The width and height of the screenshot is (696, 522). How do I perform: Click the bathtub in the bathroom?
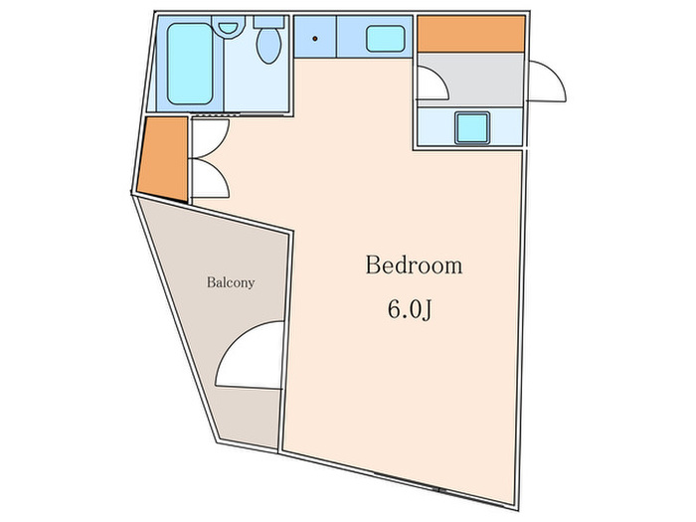[x=190, y=64]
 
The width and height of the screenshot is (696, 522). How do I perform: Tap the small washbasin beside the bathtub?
[x=228, y=26]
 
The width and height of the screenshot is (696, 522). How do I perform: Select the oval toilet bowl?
[x=268, y=46]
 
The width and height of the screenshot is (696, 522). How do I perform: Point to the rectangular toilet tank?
[x=268, y=22]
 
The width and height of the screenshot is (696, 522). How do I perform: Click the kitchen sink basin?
[x=386, y=39]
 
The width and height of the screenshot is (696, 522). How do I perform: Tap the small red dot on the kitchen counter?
[x=315, y=39]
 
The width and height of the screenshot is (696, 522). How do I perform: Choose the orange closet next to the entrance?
[x=471, y=34]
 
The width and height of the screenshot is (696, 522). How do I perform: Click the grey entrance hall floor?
[x=470, y=80]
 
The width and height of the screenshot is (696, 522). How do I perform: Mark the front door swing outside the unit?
[x=547, y=82]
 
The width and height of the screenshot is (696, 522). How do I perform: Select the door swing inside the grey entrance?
[x=434, y=84]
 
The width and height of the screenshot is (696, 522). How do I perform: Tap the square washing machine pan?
[x=472, y=128]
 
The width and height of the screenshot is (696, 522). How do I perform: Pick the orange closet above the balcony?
[x=163, y=159]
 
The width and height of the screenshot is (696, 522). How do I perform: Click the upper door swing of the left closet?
[x=211, y=137]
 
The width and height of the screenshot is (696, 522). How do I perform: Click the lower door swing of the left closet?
[x=211, y=178]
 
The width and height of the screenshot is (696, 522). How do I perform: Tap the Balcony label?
[x=231, y=282]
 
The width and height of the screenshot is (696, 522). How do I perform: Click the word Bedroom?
[x=414, y=265]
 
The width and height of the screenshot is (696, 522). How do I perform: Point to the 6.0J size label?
[x=410, y=309]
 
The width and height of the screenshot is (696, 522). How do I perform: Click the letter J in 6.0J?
[x=427, y=310]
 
